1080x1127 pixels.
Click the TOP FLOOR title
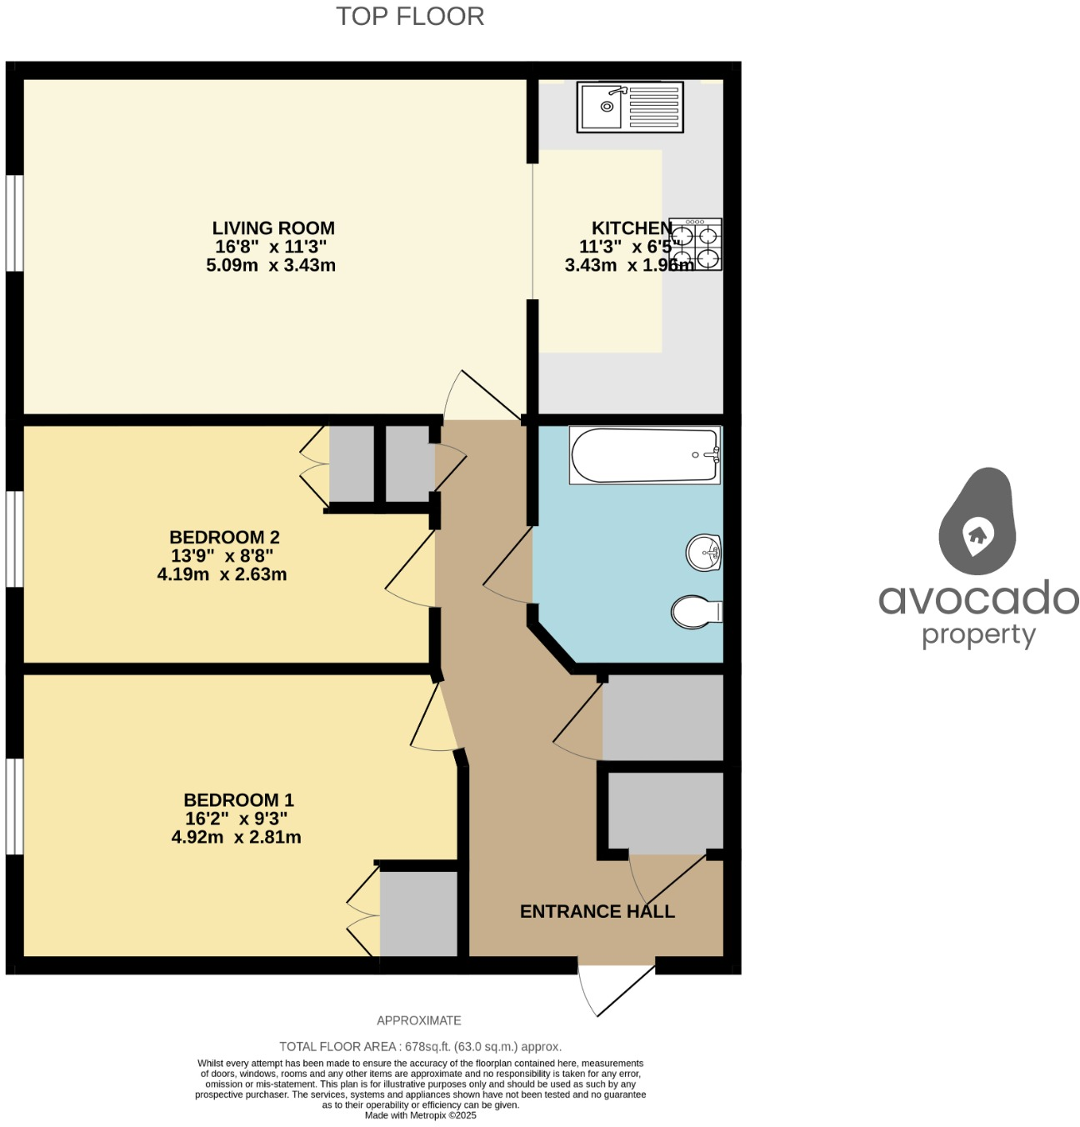click(410, 17)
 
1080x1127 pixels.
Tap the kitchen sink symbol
click(630, 107)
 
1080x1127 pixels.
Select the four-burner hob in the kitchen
click(696, 244)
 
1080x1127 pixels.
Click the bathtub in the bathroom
click(644, 455)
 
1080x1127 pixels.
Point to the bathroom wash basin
click(703, 553)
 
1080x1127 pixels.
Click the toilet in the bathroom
click(696, 612)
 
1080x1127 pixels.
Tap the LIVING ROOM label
click(273, 228)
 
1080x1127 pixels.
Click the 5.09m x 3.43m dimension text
click(271, 266)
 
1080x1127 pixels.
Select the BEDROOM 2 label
click(224, 538)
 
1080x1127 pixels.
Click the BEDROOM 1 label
click(238, 800)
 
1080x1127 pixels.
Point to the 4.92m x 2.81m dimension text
click(237, 838)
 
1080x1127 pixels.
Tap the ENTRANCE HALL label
click(597, 912)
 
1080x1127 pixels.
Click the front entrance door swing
click(614, 989)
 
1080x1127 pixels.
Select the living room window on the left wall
click(14, 223)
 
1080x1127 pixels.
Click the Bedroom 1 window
click(14, 806)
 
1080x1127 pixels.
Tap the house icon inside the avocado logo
click(977, 534)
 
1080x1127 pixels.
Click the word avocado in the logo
click(978, 599)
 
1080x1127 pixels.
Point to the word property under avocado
click(978, 636)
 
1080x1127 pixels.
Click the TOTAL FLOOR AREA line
click(420, 1046)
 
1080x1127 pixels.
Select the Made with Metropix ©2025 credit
click(420, 1115)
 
